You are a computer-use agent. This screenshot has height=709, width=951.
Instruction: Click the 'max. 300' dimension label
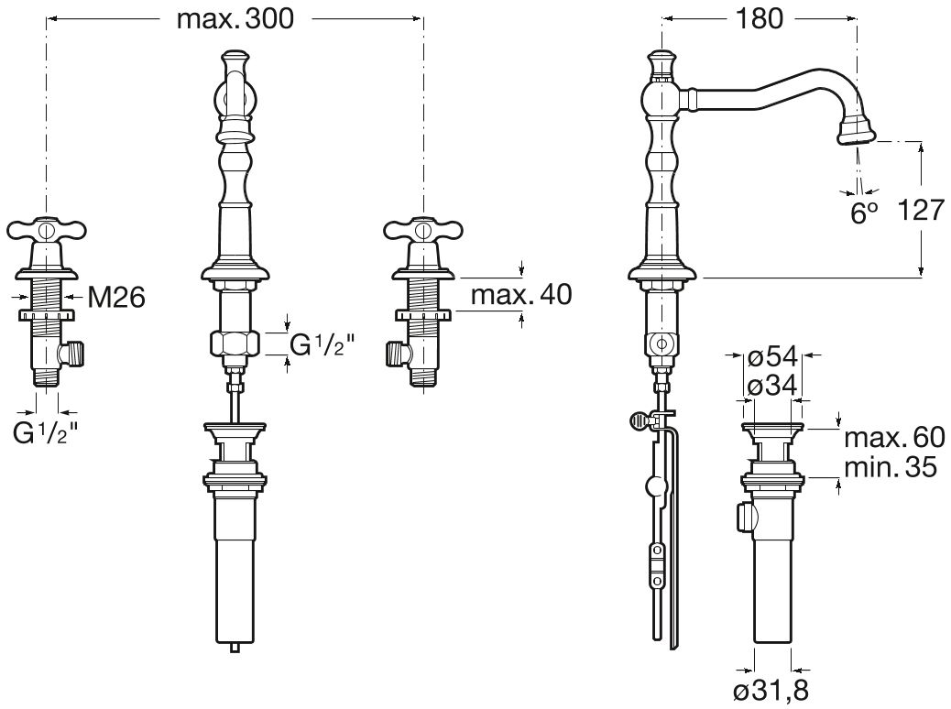click(x=235, y=19)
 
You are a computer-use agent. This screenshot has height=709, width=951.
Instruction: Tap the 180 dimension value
click(x=760, y=19)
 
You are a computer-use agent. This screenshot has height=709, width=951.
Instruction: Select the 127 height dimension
click(x=921, y=211)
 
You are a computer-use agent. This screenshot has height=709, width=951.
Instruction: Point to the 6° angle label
click(x=864, y=213)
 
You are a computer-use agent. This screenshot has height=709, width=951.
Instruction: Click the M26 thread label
click(x=116, y=297)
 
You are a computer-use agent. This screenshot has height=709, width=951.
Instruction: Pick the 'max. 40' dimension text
click(x=521, y=295)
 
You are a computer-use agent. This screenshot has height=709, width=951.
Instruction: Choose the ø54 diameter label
click(x=773, y=358)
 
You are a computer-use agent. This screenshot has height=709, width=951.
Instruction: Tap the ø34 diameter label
click(x=773, y=387)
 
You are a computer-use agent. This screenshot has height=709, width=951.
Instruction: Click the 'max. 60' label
click(x=895, y=437)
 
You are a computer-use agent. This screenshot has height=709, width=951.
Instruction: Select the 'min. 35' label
click(x=891, y=467)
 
